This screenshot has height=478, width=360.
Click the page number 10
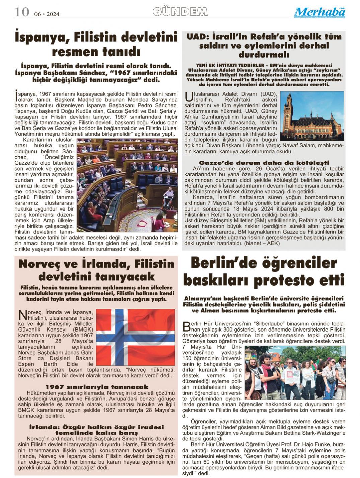22,12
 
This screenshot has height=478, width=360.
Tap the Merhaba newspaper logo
320,13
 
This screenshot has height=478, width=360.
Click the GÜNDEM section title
180,12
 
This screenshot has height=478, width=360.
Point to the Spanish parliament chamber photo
127,185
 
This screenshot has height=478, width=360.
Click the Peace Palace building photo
312,116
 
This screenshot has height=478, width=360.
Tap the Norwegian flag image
135,337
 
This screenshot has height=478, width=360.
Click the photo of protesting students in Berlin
295,372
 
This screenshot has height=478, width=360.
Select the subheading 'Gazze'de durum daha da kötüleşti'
264,163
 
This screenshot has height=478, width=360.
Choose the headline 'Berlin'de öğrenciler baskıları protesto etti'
264,271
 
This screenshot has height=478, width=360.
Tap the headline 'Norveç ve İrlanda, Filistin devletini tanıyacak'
96,270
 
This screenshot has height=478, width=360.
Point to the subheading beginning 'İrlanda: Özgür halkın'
96,430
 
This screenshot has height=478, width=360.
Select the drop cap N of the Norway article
22,315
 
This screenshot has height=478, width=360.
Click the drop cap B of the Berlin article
186,327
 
